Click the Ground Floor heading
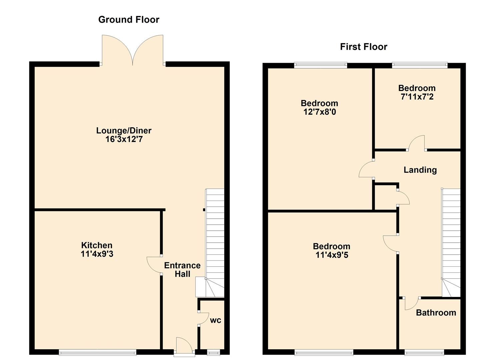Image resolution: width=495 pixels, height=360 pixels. tap(129, 20)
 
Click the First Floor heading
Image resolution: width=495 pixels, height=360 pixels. tap(363, 47)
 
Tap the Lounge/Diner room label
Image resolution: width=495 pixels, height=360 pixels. tap(124, 131)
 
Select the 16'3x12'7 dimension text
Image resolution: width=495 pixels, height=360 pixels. tap(124, 139)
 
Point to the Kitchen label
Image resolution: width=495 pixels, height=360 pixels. tap(97, 245)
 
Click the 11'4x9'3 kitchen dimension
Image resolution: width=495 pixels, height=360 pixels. tap(97, 254)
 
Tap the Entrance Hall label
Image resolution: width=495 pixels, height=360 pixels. tap(182, 270)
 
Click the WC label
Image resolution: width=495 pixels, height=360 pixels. tap(215, 320)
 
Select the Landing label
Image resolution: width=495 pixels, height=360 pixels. tap(420, 170)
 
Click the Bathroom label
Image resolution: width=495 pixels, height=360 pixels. tap(436, 313)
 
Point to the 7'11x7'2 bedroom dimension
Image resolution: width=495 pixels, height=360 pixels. tap(417, 97)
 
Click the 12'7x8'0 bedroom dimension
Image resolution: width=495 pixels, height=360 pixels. tap(319, 112)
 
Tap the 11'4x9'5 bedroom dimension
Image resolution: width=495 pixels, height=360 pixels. tap(331, 255)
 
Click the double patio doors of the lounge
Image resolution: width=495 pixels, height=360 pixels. tap(133, 50)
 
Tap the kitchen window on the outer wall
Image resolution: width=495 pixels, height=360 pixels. tap(98, 352)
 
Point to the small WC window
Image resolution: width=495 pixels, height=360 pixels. tap(213, 352)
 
